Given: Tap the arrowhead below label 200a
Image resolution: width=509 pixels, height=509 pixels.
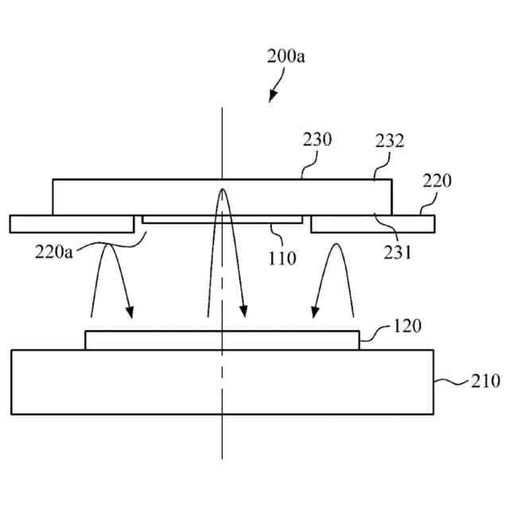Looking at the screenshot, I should pos(273,97).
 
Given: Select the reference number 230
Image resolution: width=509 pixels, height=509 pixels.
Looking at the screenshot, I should pos(317,140).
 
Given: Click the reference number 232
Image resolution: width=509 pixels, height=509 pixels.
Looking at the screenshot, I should pos(389,142).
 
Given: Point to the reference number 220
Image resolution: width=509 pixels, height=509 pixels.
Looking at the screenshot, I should pos(437,181).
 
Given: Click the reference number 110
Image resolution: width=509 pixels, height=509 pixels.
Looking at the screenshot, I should pos(282,257).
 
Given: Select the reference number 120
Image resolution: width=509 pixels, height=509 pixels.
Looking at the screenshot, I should pos(407,326).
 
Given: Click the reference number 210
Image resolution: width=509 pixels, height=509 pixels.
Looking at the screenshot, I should pos(484,380).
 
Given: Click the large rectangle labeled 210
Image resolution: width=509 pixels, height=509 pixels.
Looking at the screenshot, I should pos(223,382).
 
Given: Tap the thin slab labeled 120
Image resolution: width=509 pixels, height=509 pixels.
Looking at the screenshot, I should pos(222,340).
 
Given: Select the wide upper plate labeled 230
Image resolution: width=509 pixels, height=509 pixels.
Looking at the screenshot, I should pos(222,196).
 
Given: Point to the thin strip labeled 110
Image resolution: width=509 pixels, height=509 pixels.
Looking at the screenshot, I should pos(222,219).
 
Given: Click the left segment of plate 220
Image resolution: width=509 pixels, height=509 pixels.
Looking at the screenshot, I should pos(72,223).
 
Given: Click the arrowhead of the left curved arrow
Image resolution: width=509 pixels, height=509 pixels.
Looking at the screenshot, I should pos(130,311).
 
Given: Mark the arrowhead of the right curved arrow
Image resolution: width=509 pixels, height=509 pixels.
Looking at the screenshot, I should pos(316,311).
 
